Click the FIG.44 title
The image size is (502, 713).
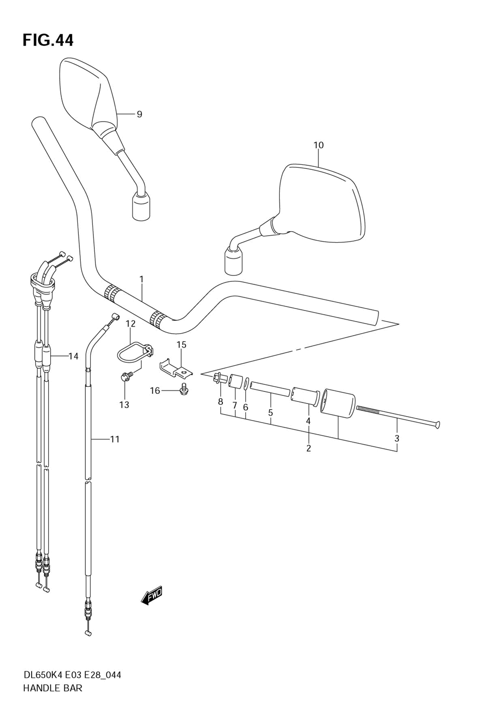[48, 40]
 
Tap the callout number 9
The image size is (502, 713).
[139, 115]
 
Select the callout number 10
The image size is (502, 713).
[318, 145]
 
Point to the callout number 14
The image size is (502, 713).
[73, 356]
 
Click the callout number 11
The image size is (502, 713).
[114, 439]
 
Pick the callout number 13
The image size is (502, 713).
[124, 404]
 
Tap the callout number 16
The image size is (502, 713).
[155, 390]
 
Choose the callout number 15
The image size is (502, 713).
[181, 345]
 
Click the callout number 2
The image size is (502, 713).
[308, 448]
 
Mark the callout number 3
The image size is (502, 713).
[397, 438]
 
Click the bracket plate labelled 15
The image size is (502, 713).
[177, 367]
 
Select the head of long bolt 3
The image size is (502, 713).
[437, 425]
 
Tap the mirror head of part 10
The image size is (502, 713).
[321, 201]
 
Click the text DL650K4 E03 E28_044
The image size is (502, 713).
[72, 675]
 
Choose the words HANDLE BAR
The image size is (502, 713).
[53, 688]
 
